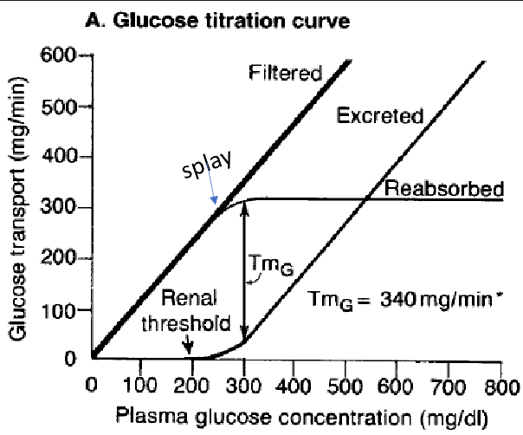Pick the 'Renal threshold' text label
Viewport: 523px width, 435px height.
click(x=196, y=311)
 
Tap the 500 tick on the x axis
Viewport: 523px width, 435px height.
click(x=347, y=384)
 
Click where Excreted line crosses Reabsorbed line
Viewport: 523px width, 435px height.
click(x=368, y=199)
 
